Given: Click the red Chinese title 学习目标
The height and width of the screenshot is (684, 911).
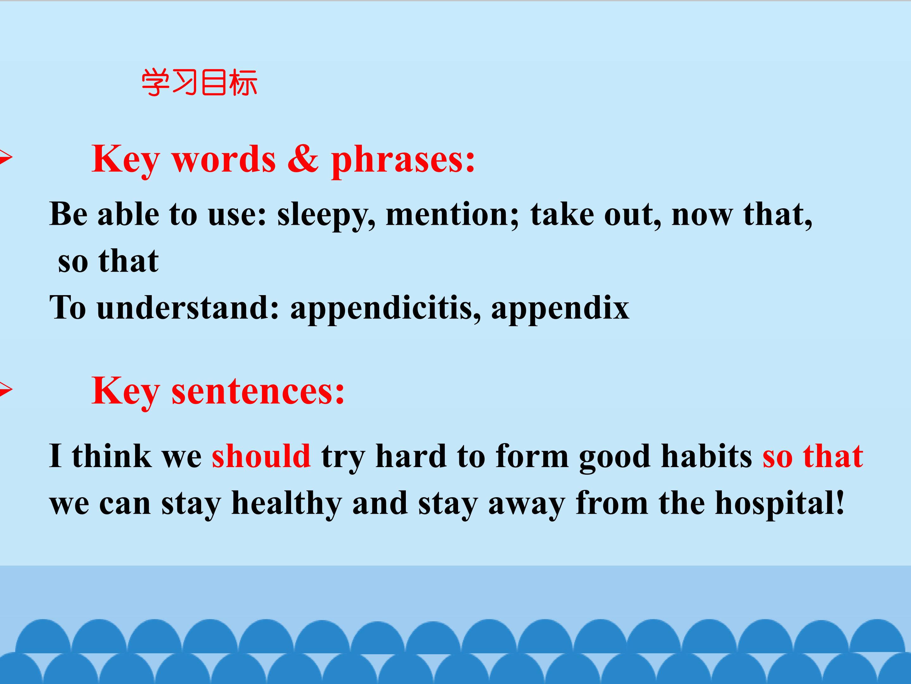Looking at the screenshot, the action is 200,82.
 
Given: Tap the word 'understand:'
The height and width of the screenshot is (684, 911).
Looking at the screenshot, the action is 188,308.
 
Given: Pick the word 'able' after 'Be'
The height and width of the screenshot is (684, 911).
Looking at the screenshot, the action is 128,214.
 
